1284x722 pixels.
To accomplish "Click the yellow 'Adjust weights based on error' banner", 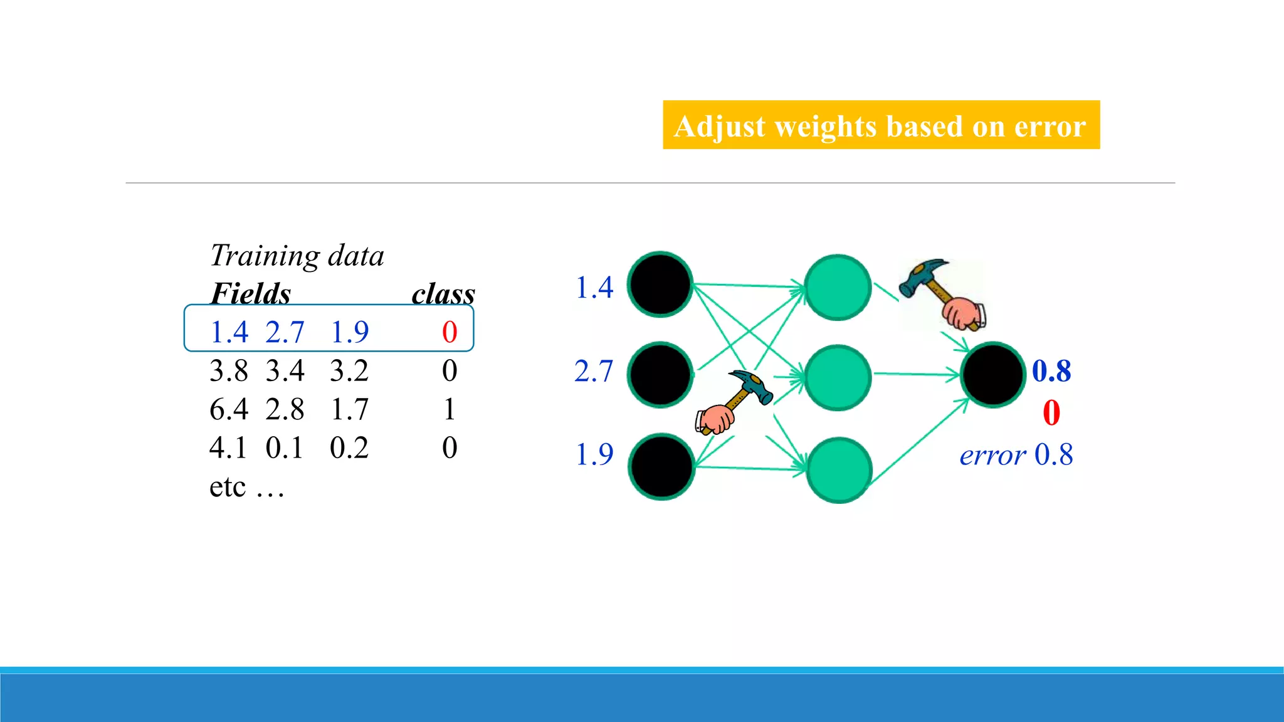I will click(x=881, y=125).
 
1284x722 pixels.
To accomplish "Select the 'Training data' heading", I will click(x=297, y=256).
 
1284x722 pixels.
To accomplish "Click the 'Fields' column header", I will click(x=250, y=293).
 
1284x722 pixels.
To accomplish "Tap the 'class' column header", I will click(x=443, y=293).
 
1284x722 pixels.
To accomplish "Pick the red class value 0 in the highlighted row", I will click(x=450, y=332).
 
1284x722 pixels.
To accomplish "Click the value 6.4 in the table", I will click(x=229, y=409).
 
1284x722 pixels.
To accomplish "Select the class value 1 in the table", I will click(x=449, y=409).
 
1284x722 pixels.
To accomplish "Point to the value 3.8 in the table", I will click(x=229, y=370).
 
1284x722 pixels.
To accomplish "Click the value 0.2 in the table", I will click(x=349, y=447).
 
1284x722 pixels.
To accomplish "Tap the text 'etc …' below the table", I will click(x=246, y=486).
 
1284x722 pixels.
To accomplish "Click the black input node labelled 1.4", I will click(x=660, y=285).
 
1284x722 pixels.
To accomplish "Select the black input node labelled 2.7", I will click(x=660, y=375).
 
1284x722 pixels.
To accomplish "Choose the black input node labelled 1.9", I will click(x=661, y=466).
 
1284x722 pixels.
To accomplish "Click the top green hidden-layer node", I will click(x=838, y=287).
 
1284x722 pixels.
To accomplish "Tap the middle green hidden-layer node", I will click(x=838, y=377).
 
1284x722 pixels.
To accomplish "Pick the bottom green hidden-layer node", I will click(x=839, y=469).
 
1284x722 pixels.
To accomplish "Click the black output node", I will click(x=992, y=375).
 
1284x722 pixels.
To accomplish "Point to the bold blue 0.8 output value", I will click(x=1051, y=370).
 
